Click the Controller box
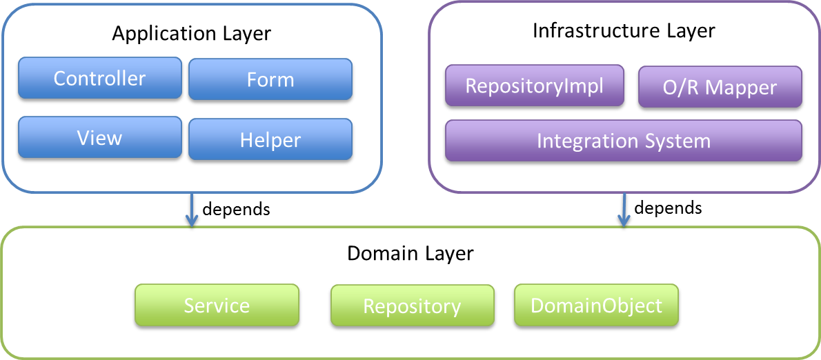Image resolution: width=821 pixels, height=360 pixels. [99, 79]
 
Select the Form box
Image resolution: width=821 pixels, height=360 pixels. [270, 80]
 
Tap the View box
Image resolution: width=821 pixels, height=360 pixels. [99, 138]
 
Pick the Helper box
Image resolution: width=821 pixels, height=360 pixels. [270, 140]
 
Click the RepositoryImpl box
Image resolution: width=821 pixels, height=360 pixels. [534, 86]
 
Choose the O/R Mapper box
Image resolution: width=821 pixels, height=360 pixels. [720, 88]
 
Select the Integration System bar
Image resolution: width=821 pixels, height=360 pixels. [623, 141]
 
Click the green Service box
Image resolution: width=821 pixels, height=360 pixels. [217, 306]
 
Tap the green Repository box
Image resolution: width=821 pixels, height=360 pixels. [412, 306]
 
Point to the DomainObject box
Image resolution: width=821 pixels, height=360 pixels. [596, 306]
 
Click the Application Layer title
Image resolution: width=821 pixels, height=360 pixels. [192, 33]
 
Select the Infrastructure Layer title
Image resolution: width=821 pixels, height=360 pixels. [624, 31]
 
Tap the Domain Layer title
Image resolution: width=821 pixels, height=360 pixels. [410, 253]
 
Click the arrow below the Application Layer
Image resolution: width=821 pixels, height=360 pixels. [191, 210]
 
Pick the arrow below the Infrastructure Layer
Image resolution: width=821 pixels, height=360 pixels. [624, 210]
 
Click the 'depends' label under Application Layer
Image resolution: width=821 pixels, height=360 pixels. [235, 209]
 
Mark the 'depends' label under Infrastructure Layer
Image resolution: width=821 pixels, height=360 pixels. [668, 208]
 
